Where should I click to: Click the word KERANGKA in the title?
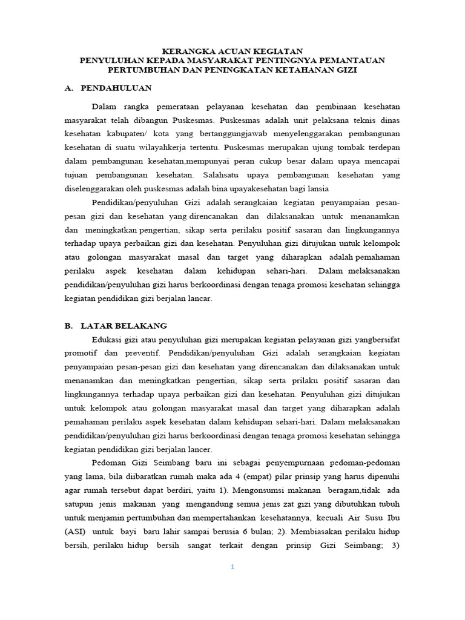tap(190, 51)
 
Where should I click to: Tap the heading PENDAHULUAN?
tap(116, 88)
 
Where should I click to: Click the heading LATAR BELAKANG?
tap(129, 325)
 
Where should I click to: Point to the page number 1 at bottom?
tap(232, 567)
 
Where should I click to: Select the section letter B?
tap(68, 325)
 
